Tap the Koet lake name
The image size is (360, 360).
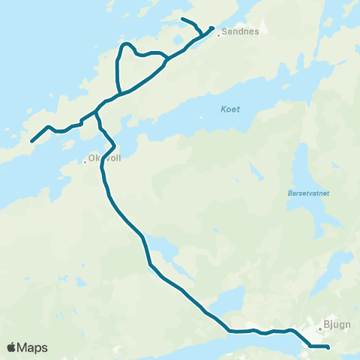coord(230,109)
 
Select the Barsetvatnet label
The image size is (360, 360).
coord(304,192)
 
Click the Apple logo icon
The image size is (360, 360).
coord(12,347)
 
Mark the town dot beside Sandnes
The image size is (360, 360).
coord(218,33)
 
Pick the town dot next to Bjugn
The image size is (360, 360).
coord(319,327)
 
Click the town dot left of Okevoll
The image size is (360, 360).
coord(85,160)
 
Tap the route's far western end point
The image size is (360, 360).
coord(31,140)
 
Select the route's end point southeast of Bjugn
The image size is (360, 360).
coord(328,346)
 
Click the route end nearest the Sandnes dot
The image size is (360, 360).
coord(213,28)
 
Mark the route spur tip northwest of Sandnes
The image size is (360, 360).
coord(183,18)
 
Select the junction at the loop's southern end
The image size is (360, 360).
coord(120,93)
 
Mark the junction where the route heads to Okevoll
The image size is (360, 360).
coord(95,112)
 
